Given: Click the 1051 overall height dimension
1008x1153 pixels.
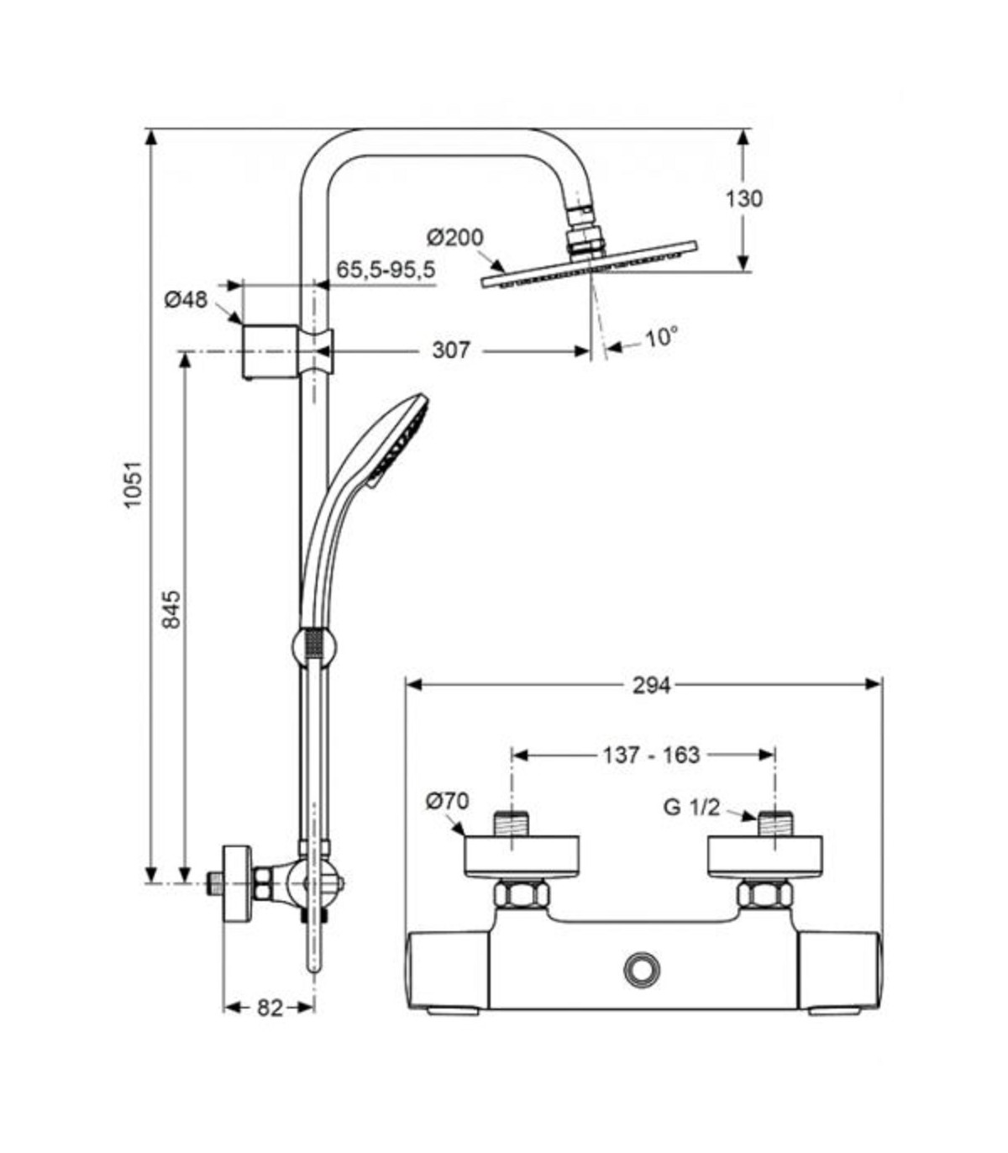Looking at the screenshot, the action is (134, 484).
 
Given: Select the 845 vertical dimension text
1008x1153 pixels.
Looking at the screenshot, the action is (171, 608).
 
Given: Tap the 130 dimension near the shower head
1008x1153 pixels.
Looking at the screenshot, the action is (743, 198).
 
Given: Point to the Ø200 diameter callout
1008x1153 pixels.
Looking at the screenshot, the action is (455, 237).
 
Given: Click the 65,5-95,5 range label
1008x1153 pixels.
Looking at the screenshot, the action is (386, 270).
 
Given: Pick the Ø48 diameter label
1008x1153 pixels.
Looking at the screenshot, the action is (186, 300).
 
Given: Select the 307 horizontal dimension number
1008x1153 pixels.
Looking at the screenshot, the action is (450, 350).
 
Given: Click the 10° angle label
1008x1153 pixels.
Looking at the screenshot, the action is (660, 338).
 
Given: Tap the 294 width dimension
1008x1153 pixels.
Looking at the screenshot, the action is (652, 685).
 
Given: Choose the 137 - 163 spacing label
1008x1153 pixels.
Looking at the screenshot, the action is (652, 755).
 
